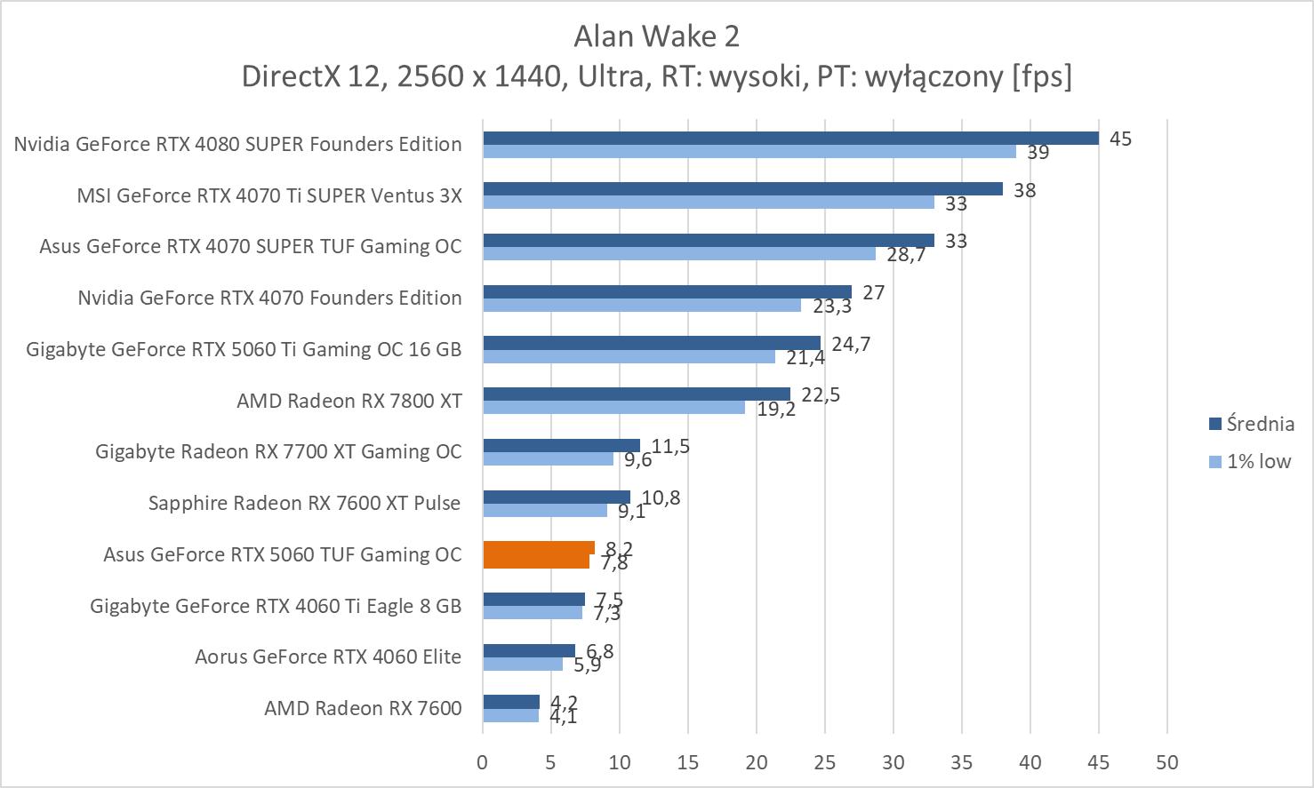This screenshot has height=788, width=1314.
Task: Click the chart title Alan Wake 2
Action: click(x=656, y=36)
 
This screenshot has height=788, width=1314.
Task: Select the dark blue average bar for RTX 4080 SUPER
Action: click(x=790, y=138)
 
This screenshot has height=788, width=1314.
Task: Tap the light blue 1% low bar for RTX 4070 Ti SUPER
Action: click(x=709, y=203)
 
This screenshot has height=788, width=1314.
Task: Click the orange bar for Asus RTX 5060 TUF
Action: click(x=537, y=554)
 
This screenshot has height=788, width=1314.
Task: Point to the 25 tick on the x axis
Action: click(x=825, y=762)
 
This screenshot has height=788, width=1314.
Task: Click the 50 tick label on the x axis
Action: click(x=1167, y=762)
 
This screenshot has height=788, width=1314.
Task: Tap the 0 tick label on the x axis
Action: click(x=483, y=762)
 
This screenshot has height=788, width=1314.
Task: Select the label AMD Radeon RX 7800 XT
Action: click(x=349, y=401)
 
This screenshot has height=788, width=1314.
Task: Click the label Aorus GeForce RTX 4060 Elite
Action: click(x=328, y=657)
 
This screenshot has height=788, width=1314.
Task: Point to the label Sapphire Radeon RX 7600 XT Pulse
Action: click(x=304, y=503)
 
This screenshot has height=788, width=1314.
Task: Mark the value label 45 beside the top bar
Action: click(x=1120, y=139)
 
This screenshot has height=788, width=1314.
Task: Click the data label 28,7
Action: click(x=906, y=255)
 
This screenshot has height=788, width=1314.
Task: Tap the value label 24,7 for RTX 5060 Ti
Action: click(x=851, y=344)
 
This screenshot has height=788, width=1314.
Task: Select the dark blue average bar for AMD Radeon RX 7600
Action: click(x=511, y=702)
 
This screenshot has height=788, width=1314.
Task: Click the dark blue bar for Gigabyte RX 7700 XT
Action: click(x=561, y=445)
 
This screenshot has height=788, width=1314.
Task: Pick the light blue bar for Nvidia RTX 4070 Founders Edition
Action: click(x=642, y=305)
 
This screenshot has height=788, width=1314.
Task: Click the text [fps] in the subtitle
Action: click(x=1041, y=76)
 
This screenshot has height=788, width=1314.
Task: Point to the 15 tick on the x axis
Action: click(x=688, y=762)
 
